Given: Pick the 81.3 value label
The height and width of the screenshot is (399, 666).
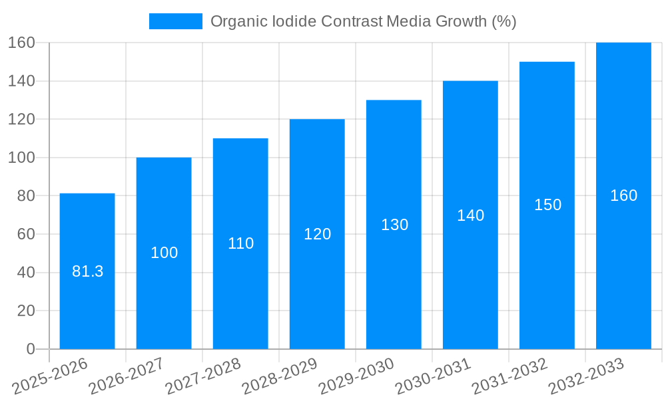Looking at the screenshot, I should pos(87,271).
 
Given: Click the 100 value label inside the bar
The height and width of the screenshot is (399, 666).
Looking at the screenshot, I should pos(164,253).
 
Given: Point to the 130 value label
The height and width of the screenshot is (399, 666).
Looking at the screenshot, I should pos(394,225).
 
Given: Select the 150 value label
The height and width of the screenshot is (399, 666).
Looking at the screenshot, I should pos(547,205).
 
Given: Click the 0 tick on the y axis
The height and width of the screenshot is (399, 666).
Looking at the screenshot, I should pos(31,349).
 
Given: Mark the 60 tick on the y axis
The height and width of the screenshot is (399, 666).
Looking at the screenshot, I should pos(26,234).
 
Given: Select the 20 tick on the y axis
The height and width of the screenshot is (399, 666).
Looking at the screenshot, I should pos(26,311).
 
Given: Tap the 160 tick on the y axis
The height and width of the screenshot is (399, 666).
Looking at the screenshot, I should pos(21,43).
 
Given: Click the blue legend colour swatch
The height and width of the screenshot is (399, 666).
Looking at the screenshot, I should pos(175,21).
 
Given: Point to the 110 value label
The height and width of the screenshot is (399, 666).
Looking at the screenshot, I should pos(240,243).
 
